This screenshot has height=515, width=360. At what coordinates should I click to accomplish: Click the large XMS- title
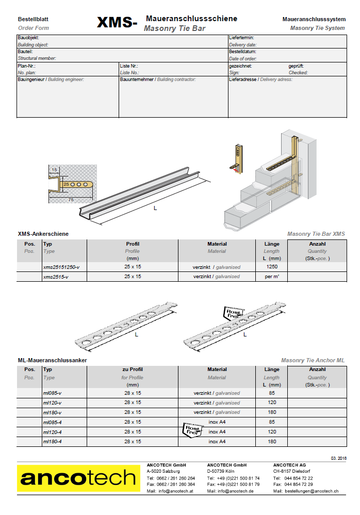[x=117, y=23]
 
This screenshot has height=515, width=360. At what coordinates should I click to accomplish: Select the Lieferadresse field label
[x=243, y=79]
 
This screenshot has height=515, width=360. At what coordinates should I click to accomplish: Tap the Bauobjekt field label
[x=28, y=38]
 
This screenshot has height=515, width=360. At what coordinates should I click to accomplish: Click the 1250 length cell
[x=272, y=267]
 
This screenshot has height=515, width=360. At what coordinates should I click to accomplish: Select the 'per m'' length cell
[x=272, y=277]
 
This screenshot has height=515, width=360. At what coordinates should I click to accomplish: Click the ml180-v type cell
[x=53, y=412]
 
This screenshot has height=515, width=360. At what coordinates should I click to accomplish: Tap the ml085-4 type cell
[x=53, y=422]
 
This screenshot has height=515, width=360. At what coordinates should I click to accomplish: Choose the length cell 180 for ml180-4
[x=272, y=442]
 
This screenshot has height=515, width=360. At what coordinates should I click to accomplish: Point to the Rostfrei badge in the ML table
[x=191, y=429]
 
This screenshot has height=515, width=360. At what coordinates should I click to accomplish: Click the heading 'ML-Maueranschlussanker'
[x=52, y=360]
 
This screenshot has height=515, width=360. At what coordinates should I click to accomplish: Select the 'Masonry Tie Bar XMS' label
[x=316, y=234]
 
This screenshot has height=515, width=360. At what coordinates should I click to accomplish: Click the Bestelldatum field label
[x=242, y=52]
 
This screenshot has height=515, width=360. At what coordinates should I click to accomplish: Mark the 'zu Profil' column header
[x=133, y=369]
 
